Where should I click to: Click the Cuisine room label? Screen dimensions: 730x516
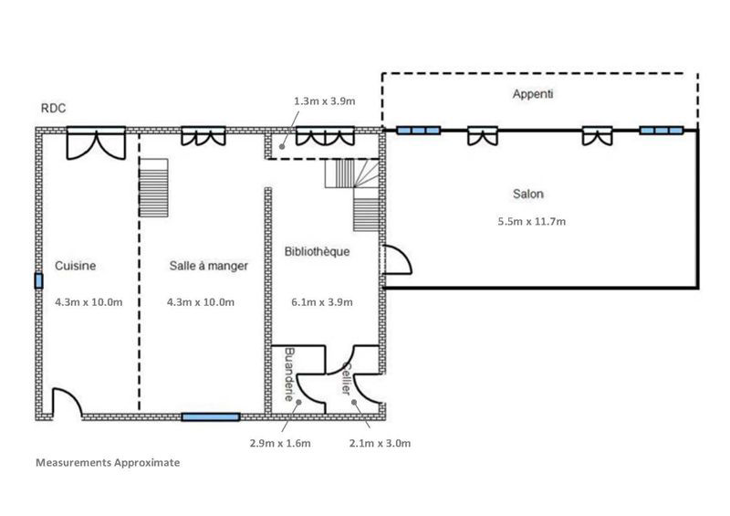coord(76,266)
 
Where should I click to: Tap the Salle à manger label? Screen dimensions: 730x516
coord(209,266)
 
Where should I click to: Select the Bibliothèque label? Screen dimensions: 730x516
coord(317,252)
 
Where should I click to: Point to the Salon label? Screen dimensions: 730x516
coord(528,194)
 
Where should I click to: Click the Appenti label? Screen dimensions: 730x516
coord(533,94)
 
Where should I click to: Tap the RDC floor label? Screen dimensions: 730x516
coord(54,108)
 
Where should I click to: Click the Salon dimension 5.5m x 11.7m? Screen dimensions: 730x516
coord(532,221)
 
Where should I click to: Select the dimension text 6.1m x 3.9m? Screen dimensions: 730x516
coord(322,302)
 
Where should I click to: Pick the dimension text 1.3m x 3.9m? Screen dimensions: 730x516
coord(325,101)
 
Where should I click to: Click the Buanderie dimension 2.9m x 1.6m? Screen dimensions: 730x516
coord(280,443)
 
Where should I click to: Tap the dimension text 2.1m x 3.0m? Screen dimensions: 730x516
coord(380,443)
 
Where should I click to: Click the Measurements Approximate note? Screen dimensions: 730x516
coord(108,462)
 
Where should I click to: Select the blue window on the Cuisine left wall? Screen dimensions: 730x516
coord(38,281)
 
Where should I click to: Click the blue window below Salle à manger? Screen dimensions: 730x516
coord(211,416)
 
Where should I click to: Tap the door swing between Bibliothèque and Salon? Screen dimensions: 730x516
coord(396,259)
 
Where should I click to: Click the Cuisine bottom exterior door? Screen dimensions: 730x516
coord(67,403)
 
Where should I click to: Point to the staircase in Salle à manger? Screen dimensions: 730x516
coord(153,188)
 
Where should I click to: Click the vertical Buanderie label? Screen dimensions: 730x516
coord(289,374)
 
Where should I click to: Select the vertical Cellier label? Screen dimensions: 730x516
coord(346,378)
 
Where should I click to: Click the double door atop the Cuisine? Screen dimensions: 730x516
coord(97,143)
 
